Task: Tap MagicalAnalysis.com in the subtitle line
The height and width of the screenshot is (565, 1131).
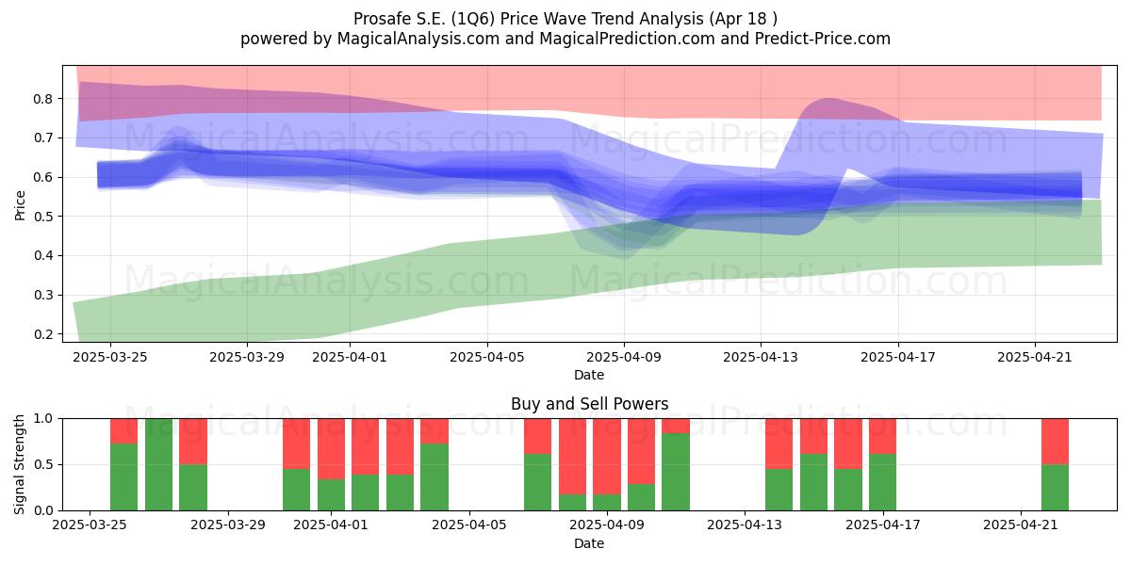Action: click(418, 39)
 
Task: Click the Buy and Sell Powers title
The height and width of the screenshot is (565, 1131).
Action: click(589, 404)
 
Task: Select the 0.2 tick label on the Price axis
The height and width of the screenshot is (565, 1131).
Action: click(43, 334)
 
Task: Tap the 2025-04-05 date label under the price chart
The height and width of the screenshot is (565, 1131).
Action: click(486, 357)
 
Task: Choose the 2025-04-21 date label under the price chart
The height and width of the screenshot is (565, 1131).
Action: click(1035, 357)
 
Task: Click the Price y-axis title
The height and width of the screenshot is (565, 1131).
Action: click(20, 205)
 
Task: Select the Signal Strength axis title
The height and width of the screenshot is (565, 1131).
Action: click(19, 464)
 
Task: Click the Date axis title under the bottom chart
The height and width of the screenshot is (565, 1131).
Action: click(589, 543)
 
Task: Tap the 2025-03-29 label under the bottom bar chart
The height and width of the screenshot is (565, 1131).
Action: click(228, 525)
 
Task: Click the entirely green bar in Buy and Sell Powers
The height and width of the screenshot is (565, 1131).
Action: click(158, 464)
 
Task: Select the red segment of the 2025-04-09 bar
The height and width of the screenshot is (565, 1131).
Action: click(641, 451)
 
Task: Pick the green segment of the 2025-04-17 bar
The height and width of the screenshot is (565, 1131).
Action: click(882, 482)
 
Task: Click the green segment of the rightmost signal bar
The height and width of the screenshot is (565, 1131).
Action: click(1056, 488)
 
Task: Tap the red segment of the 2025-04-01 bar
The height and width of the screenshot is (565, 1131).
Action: click(331, 449)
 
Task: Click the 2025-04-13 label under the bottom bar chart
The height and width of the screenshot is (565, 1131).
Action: click(745, 525)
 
